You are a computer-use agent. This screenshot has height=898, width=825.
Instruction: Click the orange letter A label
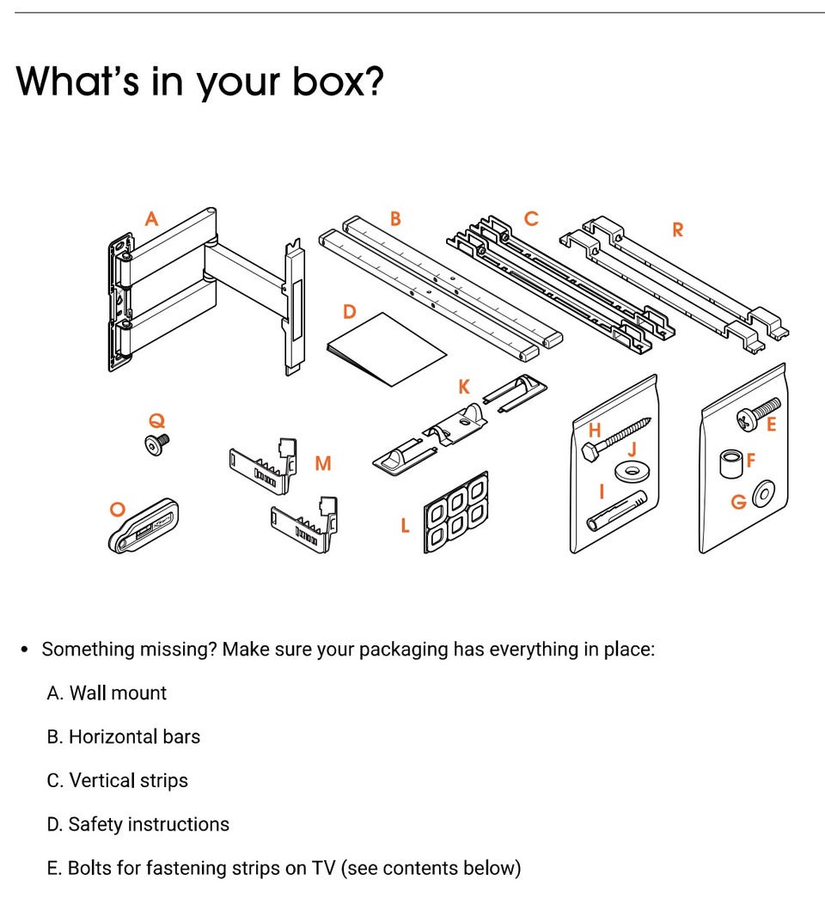151,219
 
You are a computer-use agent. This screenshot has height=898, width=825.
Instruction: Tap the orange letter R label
678,229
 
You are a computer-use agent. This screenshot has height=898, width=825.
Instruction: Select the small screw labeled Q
156,444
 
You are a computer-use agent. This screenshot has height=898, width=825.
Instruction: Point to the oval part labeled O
144,525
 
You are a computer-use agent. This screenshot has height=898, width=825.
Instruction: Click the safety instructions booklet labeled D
386,350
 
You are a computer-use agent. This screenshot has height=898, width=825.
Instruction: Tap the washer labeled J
632,471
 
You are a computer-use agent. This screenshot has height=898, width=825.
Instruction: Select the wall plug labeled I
617,510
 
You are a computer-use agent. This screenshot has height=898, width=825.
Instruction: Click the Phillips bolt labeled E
758,413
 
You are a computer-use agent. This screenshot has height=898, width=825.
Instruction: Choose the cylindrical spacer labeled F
730,463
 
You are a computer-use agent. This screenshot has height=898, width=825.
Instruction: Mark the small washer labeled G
764,493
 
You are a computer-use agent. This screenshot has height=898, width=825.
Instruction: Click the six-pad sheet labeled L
456,512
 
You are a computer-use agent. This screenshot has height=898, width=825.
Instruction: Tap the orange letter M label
323,462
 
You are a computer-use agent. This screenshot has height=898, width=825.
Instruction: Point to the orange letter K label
464,387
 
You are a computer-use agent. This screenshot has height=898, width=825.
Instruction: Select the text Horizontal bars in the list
135,736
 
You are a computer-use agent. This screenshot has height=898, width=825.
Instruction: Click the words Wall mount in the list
118,693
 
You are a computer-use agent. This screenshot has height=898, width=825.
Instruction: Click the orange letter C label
531,218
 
